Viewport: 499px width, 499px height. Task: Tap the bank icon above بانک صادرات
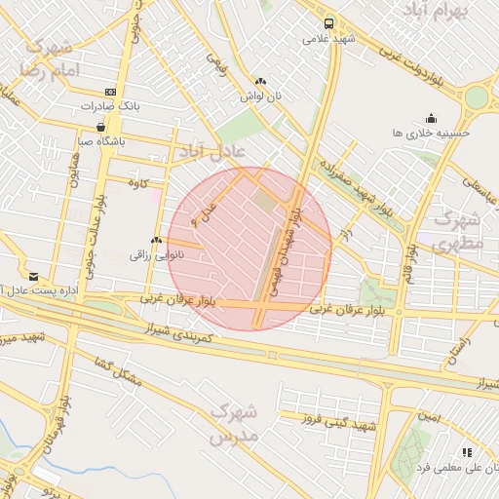coord(110,92)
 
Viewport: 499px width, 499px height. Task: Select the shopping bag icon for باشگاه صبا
coord(101,127)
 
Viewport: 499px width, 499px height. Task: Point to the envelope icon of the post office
coord(34,277)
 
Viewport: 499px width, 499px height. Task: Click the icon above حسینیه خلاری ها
coord(431,118)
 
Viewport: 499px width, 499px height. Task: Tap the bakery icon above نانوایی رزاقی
coord(155,240)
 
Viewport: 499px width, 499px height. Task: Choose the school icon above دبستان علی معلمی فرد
coord(467,452)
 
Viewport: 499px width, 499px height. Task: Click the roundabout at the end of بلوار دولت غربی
coord(476,97)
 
